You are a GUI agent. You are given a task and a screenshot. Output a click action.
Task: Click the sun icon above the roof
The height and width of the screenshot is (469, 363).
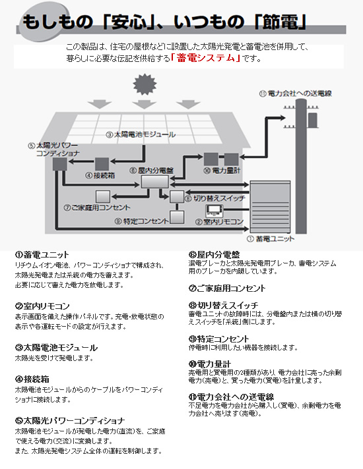pos(145,84)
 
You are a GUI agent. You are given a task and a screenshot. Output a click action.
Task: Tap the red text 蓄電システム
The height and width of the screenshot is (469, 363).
pos(206,58)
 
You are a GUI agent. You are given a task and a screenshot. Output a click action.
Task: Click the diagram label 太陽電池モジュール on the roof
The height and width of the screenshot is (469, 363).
pos(141,134)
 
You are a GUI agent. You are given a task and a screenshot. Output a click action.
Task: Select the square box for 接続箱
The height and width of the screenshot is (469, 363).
pos(102,164)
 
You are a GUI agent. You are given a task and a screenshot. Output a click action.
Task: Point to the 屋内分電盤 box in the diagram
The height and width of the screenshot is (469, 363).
pos(154,182)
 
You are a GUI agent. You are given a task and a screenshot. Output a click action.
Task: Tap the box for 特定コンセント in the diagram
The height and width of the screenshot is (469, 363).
pos(177,217)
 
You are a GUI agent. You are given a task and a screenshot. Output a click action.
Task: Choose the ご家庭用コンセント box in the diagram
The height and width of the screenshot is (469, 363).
pos(103,197)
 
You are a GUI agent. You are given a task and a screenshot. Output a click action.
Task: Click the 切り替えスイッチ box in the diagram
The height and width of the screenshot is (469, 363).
pos(177,197)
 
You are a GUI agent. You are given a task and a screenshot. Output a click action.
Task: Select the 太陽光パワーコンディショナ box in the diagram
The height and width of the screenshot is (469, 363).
pos(60,164)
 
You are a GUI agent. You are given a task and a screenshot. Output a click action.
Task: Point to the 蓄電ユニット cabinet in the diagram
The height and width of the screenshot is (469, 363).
pos(270,207)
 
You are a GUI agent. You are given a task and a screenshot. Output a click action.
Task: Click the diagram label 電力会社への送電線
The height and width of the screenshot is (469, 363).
pos(295,94)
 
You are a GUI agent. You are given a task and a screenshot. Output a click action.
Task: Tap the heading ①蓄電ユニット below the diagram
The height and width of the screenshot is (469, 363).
pos(42,255)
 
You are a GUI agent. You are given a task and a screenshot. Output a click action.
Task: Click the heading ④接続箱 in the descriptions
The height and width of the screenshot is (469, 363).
pos(32,379)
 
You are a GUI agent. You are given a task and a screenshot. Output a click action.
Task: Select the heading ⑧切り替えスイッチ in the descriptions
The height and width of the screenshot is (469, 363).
pos(223,306)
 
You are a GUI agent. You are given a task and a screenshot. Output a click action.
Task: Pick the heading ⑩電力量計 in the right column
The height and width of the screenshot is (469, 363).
pos(209,364)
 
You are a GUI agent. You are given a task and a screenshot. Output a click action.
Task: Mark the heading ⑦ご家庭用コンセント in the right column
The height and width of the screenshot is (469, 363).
pos(227,289)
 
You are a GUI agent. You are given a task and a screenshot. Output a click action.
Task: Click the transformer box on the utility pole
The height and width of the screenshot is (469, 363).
pos(313,120)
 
